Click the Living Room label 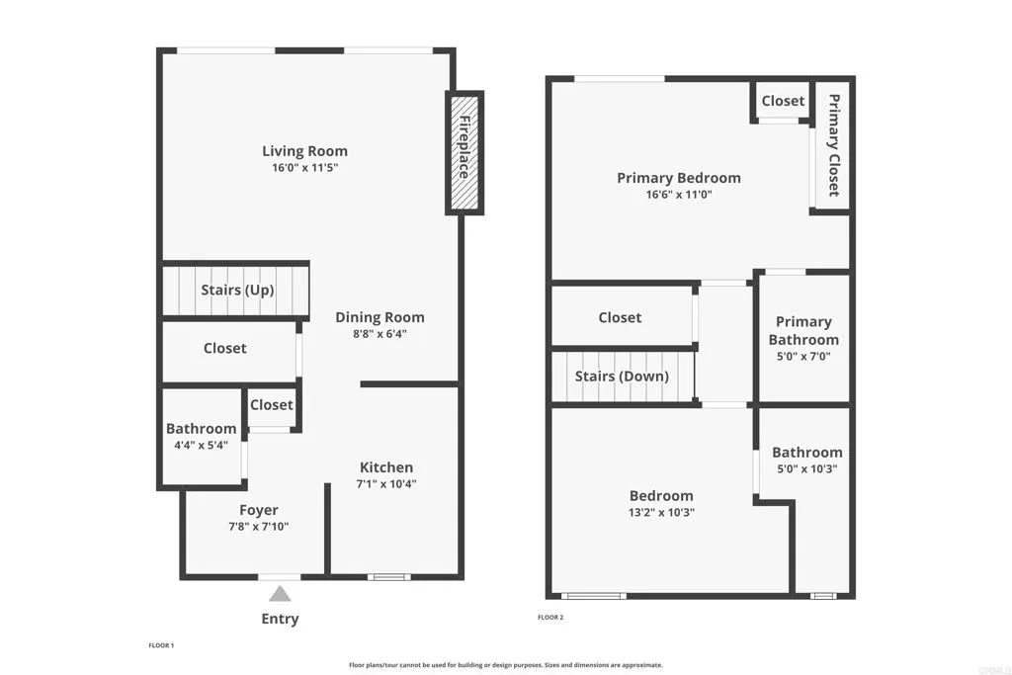click(304, 151)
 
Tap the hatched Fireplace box click(463, 153)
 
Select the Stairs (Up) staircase click(237, 290)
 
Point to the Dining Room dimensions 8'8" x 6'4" click(379, 334)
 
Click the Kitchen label click(385, 467)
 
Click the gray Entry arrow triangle click(280, 593)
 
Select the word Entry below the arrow click(280, 619)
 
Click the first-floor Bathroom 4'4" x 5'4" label click(202, 429)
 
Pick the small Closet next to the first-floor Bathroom click(271, 405)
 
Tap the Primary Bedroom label click(678, 178)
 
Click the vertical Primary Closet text click(833, 145)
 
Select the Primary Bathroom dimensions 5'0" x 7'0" click(802, 356)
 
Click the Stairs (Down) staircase click(622, 377)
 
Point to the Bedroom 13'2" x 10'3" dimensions click(661, 512)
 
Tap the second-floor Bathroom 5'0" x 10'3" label click(806, 453)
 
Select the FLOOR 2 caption click(549, 618)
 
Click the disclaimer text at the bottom click(505, 665)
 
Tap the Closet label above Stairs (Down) click(620, 317)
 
